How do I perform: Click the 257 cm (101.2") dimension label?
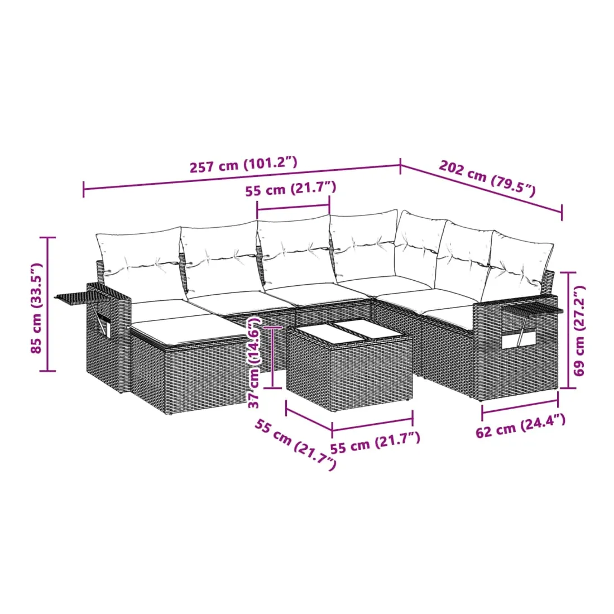point(243,165)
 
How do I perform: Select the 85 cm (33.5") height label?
point(36,308)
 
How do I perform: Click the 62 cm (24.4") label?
point(520,426)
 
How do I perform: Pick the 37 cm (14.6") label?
point(254,363)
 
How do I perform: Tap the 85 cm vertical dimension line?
point(48,304)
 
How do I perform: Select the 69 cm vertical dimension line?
point(568,330)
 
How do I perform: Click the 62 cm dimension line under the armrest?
point(520,406)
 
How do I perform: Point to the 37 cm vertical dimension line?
point(273,357)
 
